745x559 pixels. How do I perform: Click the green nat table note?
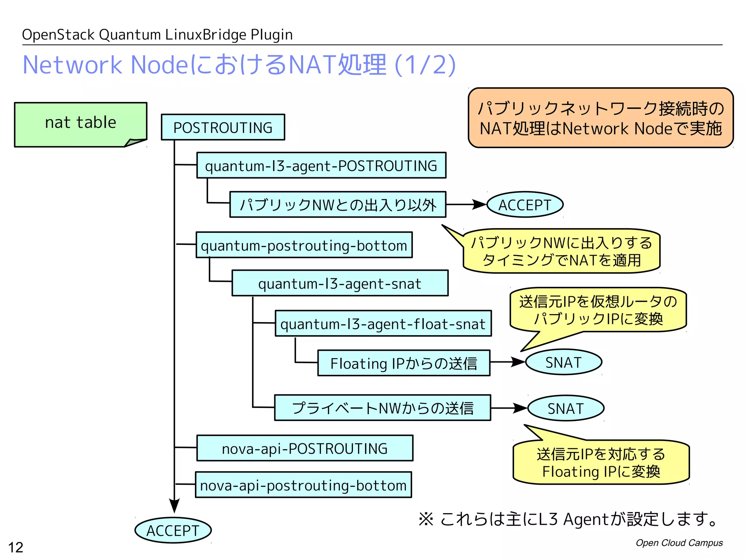click(x=80, y=124)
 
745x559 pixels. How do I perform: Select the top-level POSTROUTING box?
click(x=223, y=127)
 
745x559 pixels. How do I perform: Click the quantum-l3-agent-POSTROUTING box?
click(x=321, y=166)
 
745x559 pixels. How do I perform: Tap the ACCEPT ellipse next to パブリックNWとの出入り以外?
click(x=525, y=205)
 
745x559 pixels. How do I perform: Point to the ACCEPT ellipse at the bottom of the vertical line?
click(x=173, y=531)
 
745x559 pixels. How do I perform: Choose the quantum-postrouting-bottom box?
click(x=304, y=245)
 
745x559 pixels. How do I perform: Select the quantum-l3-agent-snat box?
click(x=340, y=284)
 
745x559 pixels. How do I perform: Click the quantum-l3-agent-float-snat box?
click(x=383, y=324)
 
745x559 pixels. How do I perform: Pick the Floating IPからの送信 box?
click(x=403, y=363)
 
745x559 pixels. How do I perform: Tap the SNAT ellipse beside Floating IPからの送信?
click(x=563, y=362)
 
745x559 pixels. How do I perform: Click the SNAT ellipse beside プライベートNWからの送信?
click(x=565, y=408)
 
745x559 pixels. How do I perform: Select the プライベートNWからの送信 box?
click(x=382, y=408)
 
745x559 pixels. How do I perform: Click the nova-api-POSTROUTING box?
click(x=304, y=448)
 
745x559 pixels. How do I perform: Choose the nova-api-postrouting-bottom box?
click(x=303, y=485)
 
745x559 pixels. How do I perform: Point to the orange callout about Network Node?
click(x=600, y=118)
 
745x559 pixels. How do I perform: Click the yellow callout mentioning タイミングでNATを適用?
click(x=561, y=251)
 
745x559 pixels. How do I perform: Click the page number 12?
click(x=16, y=547)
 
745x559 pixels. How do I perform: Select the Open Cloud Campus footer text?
click(x=679, y=543)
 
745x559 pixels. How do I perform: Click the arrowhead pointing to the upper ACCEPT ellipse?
click(x=479, y=205)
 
